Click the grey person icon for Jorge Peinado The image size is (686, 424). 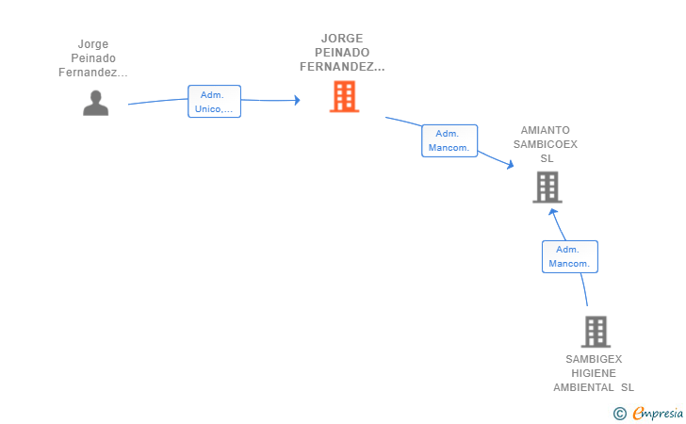point(95,103)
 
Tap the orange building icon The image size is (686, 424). point(344,96)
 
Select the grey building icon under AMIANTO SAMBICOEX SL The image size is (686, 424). point(547,187)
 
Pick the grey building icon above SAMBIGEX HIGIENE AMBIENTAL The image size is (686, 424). point(596,332)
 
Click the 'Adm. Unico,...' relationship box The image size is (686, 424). point(214,102)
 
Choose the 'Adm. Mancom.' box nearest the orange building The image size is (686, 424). point(449,140)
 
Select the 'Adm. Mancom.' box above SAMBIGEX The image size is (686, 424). point(569,256)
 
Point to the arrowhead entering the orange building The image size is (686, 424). point(297,100)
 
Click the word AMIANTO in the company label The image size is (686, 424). point(545,130)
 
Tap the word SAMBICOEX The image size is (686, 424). point(545,144)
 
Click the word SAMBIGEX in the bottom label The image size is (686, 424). point(594,359)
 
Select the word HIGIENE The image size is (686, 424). point(594,373)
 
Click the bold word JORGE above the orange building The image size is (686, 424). point(342,39)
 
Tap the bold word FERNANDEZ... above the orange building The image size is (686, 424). point(342,67)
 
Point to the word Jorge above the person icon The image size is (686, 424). point(93,44)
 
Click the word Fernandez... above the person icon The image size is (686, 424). point(93,73)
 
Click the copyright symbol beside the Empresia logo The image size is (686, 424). point(620,413)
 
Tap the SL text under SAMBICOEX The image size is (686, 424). point(547,158)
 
